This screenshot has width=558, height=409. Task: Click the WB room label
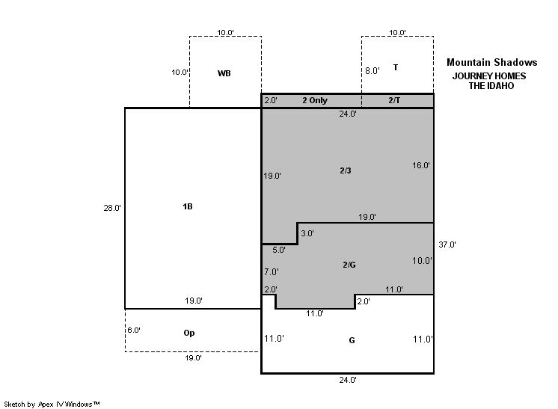224,73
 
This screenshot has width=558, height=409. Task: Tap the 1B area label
188,206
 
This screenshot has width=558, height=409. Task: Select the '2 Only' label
315,100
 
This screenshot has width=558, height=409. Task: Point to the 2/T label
394,100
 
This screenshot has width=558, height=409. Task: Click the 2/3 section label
345,170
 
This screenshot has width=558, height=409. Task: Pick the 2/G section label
349,265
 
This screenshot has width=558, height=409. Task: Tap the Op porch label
189,333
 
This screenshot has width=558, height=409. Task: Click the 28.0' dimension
112,208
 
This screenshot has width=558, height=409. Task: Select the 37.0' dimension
447,245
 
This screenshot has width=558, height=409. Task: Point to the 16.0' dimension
421,165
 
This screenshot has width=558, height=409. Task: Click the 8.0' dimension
372,71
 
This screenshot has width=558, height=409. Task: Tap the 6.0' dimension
134,330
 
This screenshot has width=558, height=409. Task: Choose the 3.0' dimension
307,234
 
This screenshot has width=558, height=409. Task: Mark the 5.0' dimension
279,250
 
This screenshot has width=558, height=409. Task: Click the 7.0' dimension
272,272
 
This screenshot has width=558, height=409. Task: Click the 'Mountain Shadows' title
492,63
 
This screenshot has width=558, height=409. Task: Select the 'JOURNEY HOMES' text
489,76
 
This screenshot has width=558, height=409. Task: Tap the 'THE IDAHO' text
491,86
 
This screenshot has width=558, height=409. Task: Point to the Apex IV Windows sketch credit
52,405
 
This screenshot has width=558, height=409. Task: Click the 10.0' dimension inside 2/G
422,261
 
